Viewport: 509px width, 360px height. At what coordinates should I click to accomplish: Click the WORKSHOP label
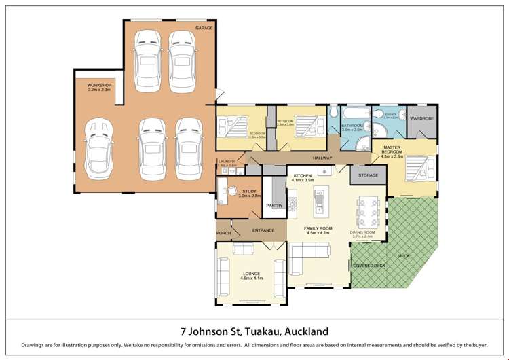tap(99, 85)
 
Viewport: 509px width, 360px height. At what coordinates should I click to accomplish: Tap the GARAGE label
tap(204, 28)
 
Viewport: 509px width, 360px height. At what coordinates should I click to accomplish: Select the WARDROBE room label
tap(421, 118)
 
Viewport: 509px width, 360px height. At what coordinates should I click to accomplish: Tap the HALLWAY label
tap(322, 158)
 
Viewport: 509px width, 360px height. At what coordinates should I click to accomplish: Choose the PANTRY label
tap(274, 205)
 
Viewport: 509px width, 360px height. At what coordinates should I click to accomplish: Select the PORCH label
tap(224, 233)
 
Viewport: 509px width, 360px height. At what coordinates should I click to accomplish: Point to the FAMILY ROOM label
tap(318, 228)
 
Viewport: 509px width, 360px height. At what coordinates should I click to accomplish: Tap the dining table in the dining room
tap(367, 211)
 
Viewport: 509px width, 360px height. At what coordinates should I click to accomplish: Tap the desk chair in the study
tap(231, 192)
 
